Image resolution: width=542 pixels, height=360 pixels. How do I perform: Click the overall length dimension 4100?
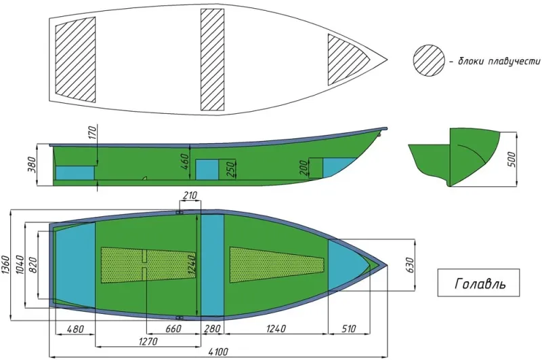click(x=218, y=352)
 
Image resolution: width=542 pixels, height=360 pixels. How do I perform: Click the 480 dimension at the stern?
click(x=75, y=329)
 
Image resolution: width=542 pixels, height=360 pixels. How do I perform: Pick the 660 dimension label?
click(x=173, y=329)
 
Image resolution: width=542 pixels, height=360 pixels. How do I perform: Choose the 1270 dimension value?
click(x=148, y=342)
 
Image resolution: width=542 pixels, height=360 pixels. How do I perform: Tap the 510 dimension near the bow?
click(x=348, y=329)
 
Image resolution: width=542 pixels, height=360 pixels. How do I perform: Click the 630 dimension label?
click(x=410, y=265)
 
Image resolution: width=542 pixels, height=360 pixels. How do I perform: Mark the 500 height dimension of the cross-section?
click(x=512, y=159)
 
